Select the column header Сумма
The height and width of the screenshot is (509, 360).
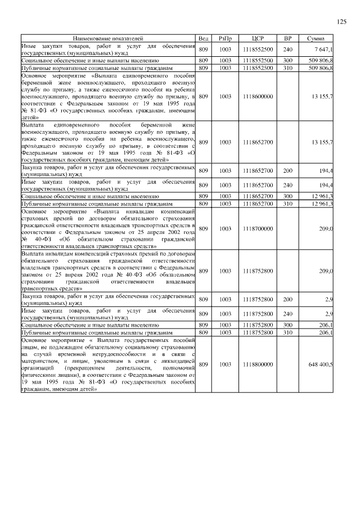pyautogui.click(x=315, y=38)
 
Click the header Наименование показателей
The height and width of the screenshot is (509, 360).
pyautogui.click(x=108, y=38)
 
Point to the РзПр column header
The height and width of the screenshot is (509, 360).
pyautogui.click(x=225, y=38)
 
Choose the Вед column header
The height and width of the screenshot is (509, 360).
pyautogui.click(x=204, y=38)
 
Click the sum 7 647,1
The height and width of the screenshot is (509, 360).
pyautogui.click(x=323, y=49)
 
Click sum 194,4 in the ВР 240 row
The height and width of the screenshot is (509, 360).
pyautogui.click(x=326, y=185)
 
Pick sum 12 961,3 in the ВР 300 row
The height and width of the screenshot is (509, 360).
pyautogui.click(x=322, y=196)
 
